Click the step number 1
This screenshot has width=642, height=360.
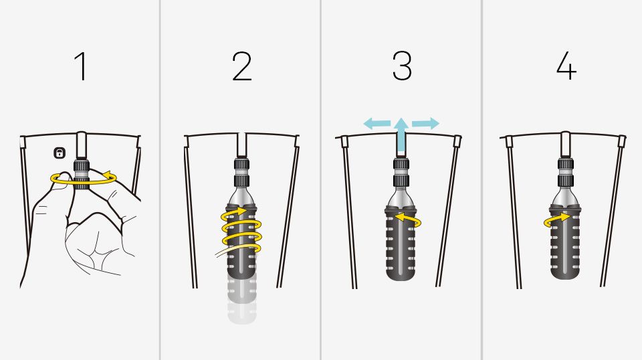82,66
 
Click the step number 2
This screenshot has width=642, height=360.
242,66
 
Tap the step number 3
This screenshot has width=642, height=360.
402,66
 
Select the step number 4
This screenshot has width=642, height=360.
566,66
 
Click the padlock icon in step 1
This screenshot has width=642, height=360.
60,153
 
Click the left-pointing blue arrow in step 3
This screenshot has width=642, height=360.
377,123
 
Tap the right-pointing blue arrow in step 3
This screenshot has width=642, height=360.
426,123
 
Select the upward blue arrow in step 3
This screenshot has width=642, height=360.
402,135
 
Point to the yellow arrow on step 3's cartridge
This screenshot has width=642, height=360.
408,219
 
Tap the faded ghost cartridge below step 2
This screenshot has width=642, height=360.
242,301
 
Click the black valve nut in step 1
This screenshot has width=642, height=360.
82,174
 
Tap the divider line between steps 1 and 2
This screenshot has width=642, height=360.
160,180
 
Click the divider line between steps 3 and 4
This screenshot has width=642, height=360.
482,180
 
